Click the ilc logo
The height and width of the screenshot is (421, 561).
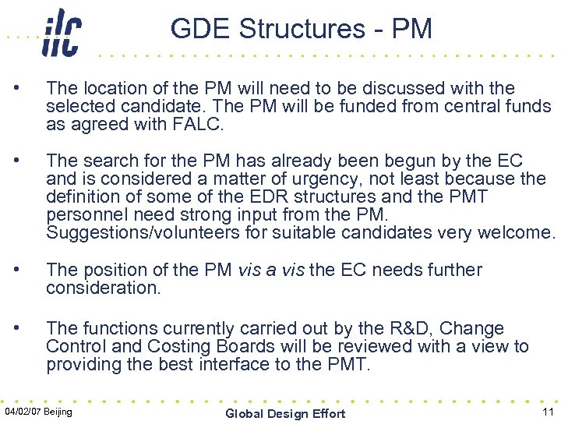[x=62, y=32]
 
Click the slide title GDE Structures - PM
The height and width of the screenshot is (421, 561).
[x=301, y=29]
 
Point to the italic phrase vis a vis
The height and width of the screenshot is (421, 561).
[x=270, y=270]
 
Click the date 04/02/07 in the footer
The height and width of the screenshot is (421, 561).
[x=23, y=411]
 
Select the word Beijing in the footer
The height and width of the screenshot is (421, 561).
[x=58, y=411]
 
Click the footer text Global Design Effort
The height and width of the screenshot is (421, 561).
[x=285, y=413]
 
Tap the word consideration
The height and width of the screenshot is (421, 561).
[x=102, y=288]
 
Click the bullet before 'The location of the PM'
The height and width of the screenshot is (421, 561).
[x=28, y=88]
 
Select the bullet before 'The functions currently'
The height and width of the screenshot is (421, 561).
[x=28, y=328]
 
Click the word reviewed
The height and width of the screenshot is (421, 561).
[x=351, y=346]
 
